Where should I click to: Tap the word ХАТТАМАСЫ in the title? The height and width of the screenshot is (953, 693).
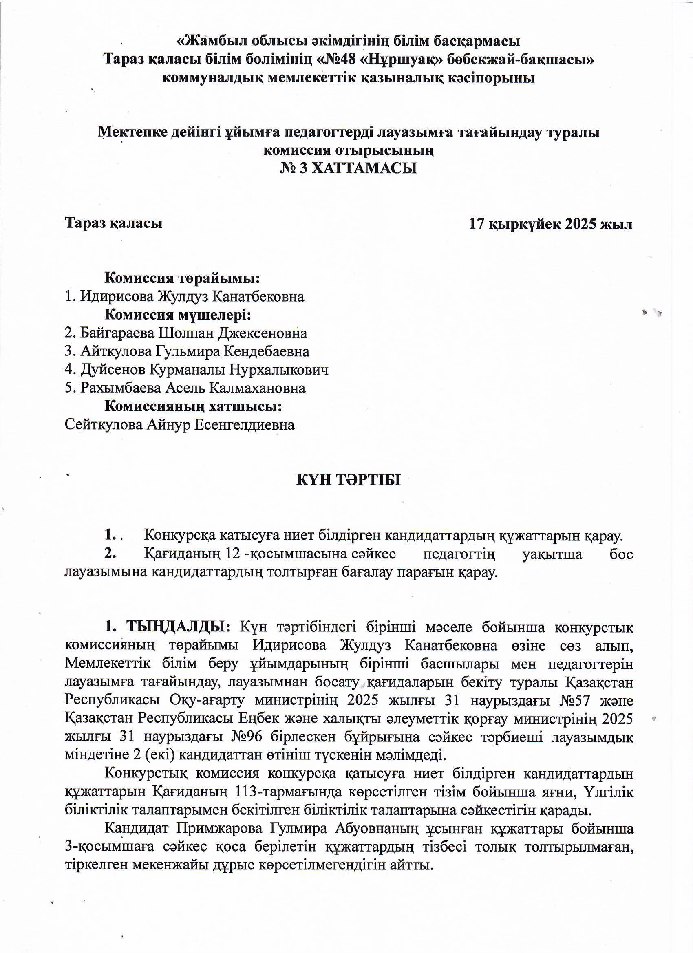click(x=365, y=168)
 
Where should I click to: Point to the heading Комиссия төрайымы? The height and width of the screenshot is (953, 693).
click(x=181, y=278)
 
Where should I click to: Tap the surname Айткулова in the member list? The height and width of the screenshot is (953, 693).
click(x=114, y=351)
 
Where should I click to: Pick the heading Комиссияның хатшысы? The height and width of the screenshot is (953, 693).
click(x=193, y=406)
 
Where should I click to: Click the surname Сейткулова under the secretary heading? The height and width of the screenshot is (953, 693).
click(x=104, y=425)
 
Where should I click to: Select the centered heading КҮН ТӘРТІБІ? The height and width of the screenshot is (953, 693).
click(x=349, y=480)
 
